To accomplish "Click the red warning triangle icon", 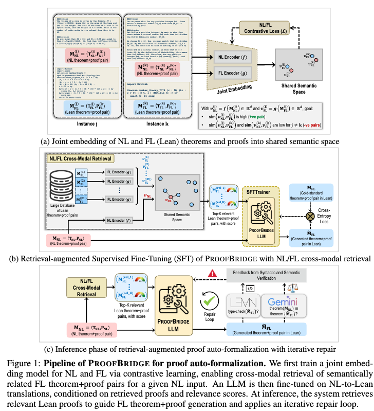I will click(x=210, y=273).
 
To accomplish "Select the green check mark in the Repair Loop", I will click(x=210, y=298).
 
